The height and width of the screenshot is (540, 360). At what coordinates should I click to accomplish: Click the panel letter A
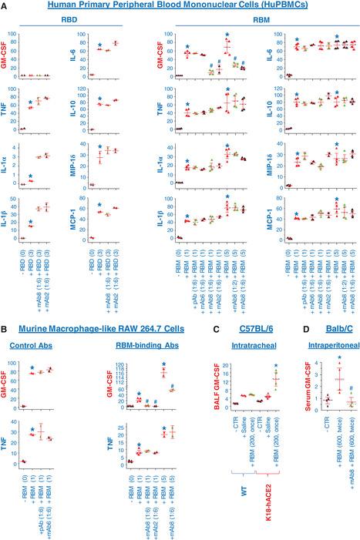tap(5, 5)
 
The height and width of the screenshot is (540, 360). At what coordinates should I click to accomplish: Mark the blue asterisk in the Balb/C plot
tap(338, 337)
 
